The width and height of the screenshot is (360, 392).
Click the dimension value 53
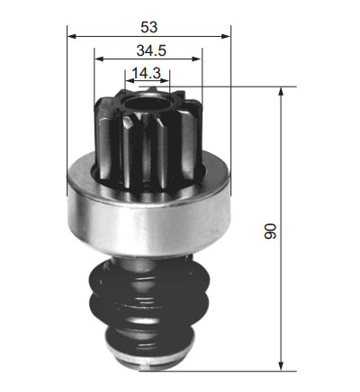(148, 27)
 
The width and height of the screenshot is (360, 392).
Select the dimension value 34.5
(151, 50)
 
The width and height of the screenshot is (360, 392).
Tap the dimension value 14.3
(147, 73)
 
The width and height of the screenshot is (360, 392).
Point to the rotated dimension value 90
(270, 231)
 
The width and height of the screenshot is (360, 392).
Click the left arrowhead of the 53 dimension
(72, 36)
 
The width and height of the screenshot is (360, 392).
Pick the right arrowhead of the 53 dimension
(226, 36)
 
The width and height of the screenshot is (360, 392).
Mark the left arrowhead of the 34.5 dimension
(99, 59)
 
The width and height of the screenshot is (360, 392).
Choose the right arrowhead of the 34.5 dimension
(197, 59)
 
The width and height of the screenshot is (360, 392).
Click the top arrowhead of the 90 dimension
(281, 92)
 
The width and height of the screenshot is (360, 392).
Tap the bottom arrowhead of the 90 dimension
(281, 366)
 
